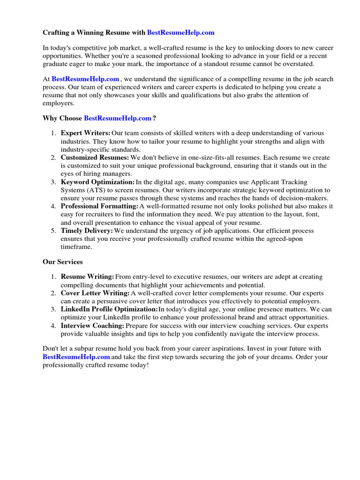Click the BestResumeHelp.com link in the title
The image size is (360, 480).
[180, 32]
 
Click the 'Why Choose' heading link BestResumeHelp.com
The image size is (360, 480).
[118, 118]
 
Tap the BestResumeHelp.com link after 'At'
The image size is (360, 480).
[85, 79]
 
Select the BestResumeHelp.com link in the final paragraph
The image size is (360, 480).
[76, 357]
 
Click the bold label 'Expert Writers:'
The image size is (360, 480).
[86, 134]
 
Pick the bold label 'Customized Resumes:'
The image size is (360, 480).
[95, 157]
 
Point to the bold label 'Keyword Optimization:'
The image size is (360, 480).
[97, 182]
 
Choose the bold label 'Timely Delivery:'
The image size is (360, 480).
[87, 231]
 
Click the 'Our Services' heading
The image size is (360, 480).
[63, 262]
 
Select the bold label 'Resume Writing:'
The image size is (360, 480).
[87, 277]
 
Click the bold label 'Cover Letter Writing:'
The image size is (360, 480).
[95, 293]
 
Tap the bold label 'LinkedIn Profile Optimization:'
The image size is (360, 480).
[109, 309]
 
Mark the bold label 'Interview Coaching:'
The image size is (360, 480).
[92, 325]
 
